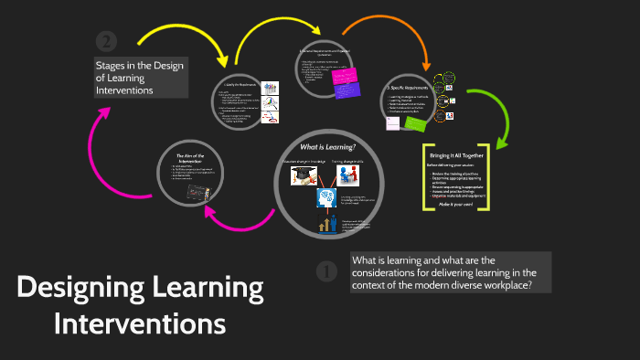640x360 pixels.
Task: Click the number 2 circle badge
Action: [x=107, y=42]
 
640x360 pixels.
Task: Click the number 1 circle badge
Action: [x=326, y=271]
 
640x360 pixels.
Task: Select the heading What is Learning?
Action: [x=326, y=147]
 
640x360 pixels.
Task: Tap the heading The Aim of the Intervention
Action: [x=193, y=160]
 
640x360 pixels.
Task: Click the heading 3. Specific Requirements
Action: [x=406, y=87]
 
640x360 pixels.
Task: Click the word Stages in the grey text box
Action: [x=112, y=65]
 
